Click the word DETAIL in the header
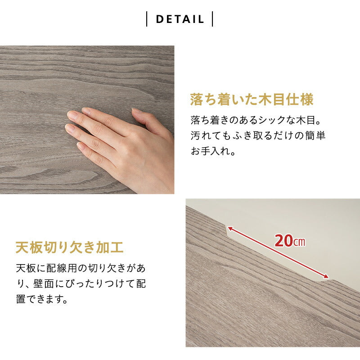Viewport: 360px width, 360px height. [x=180, y=19]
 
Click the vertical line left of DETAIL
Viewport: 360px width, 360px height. [x=147, y=19]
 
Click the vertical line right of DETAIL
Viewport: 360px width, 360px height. [x=212, y=19]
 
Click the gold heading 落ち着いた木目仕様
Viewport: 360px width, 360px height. [x=252, y=99]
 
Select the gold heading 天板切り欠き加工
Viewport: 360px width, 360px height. [x=69, y=247]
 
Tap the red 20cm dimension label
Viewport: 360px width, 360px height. [x=290, y=241]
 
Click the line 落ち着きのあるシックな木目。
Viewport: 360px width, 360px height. [x=257, y=121]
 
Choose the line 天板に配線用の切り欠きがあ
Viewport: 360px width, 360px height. [x=81, y=269]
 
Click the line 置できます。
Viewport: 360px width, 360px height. [x=42, y=299]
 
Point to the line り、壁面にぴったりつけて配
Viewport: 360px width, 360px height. [x=81, y=284]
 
